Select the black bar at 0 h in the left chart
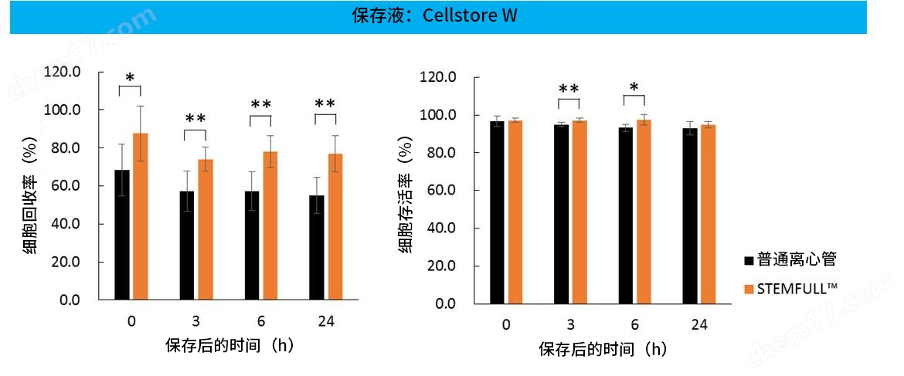(122, 235)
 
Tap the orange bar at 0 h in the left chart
(140, 216)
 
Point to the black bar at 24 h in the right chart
(691, 215)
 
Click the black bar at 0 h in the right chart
(497, 212)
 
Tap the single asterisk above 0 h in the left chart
(130, 78)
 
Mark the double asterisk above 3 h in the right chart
(569, 89)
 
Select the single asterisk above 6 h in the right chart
(634, 87)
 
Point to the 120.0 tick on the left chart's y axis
(63, 72)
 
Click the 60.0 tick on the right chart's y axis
(438, 190)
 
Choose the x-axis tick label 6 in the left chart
(260, 320)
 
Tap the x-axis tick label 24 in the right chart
(699, 324)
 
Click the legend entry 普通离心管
(796, 259)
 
